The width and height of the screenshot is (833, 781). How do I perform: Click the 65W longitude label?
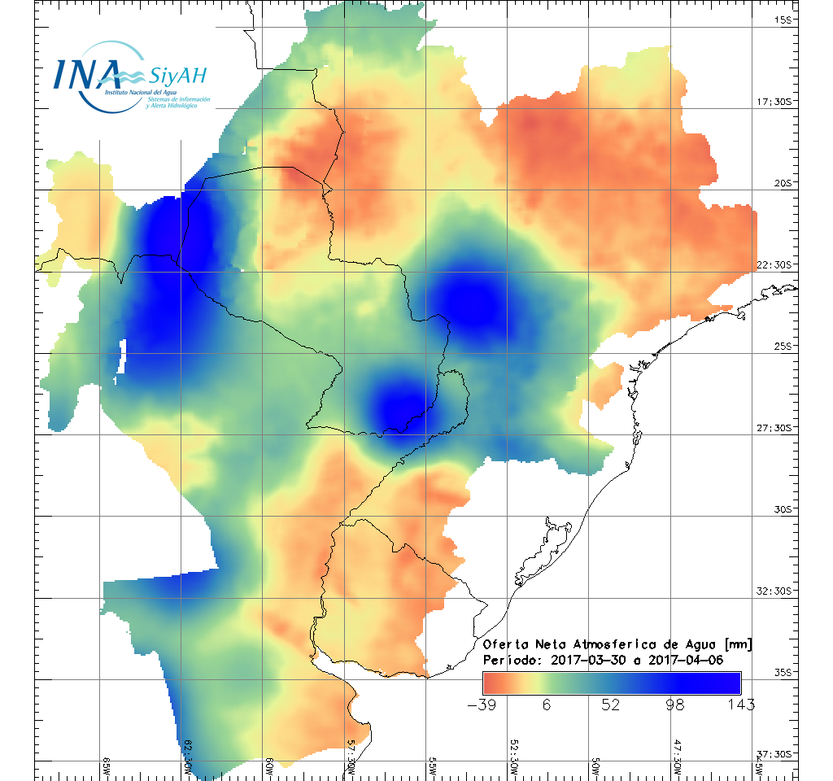(107, 766)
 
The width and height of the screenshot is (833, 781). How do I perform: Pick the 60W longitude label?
(269, 766)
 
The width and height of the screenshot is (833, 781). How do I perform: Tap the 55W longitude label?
(432, 766)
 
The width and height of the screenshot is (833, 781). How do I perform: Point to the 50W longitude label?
(595, 766)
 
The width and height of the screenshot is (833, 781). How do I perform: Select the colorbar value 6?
(547, 704)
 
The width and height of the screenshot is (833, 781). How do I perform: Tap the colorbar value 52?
(611, 704)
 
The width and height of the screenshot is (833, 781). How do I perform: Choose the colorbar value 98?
(675, 704)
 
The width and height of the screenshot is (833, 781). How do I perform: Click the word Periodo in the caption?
(509, 660)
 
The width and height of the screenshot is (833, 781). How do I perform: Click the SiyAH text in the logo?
(177, 76)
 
